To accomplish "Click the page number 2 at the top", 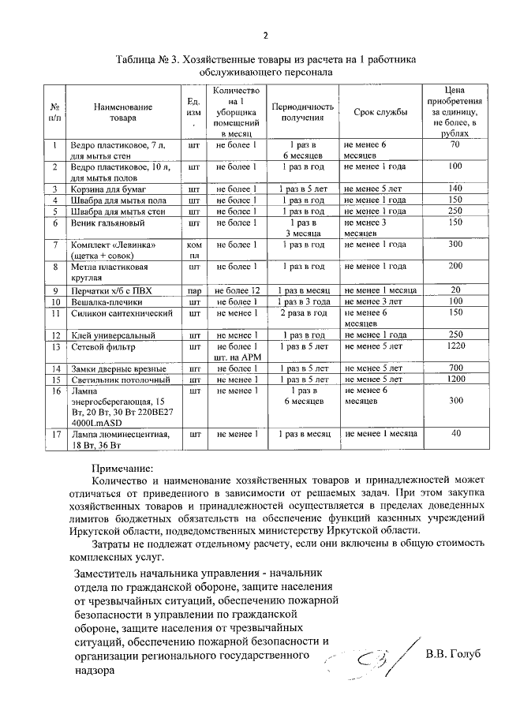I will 265,35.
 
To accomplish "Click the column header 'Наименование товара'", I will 121,112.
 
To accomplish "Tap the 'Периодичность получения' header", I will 303,112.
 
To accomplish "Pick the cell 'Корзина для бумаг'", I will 107,189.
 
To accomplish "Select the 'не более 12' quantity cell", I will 238,291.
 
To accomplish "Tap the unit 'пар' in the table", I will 189,291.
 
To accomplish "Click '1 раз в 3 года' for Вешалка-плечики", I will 303,302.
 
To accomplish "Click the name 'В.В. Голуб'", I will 452,655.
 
